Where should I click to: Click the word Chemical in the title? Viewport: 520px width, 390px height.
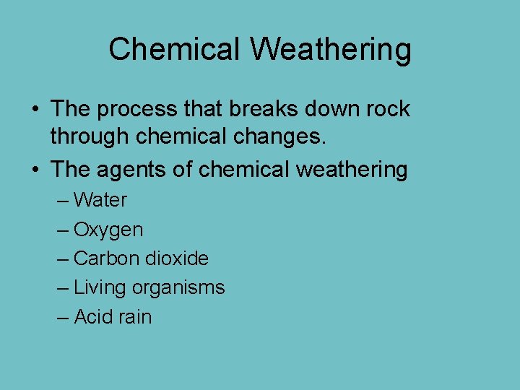[x=174, y=49]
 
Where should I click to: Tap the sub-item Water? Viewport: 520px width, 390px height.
[x=100, y=200]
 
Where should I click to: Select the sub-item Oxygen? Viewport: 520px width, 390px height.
[x=108, y=230]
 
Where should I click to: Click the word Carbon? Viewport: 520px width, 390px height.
[x=106, y=258]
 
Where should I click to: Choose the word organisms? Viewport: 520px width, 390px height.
[x=178, y=287]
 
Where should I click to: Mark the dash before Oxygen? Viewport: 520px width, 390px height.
[x=63, y=230]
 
